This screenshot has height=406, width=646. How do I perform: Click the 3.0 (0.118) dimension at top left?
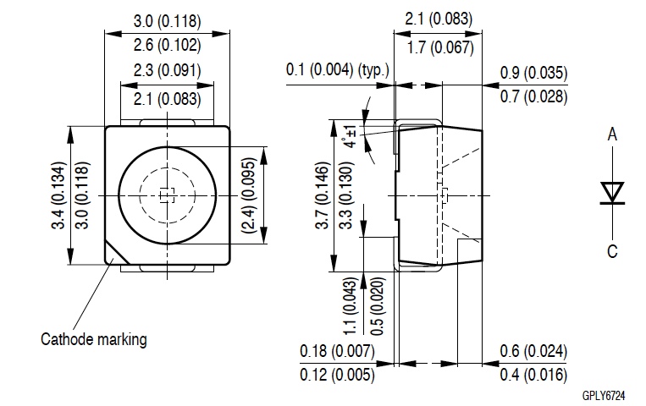click(167, 19)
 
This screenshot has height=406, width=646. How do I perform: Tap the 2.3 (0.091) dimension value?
click(167, 71)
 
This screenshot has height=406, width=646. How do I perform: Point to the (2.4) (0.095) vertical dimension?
click(247, 196)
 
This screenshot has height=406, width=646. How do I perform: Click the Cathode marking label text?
click(94, 340)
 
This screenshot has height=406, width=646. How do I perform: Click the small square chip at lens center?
click(167, 196)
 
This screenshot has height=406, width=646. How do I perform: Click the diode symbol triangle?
click(610, 192)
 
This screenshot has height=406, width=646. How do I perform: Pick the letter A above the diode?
click(611, 134)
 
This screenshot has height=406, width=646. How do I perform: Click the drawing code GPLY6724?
click(603, 396)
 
